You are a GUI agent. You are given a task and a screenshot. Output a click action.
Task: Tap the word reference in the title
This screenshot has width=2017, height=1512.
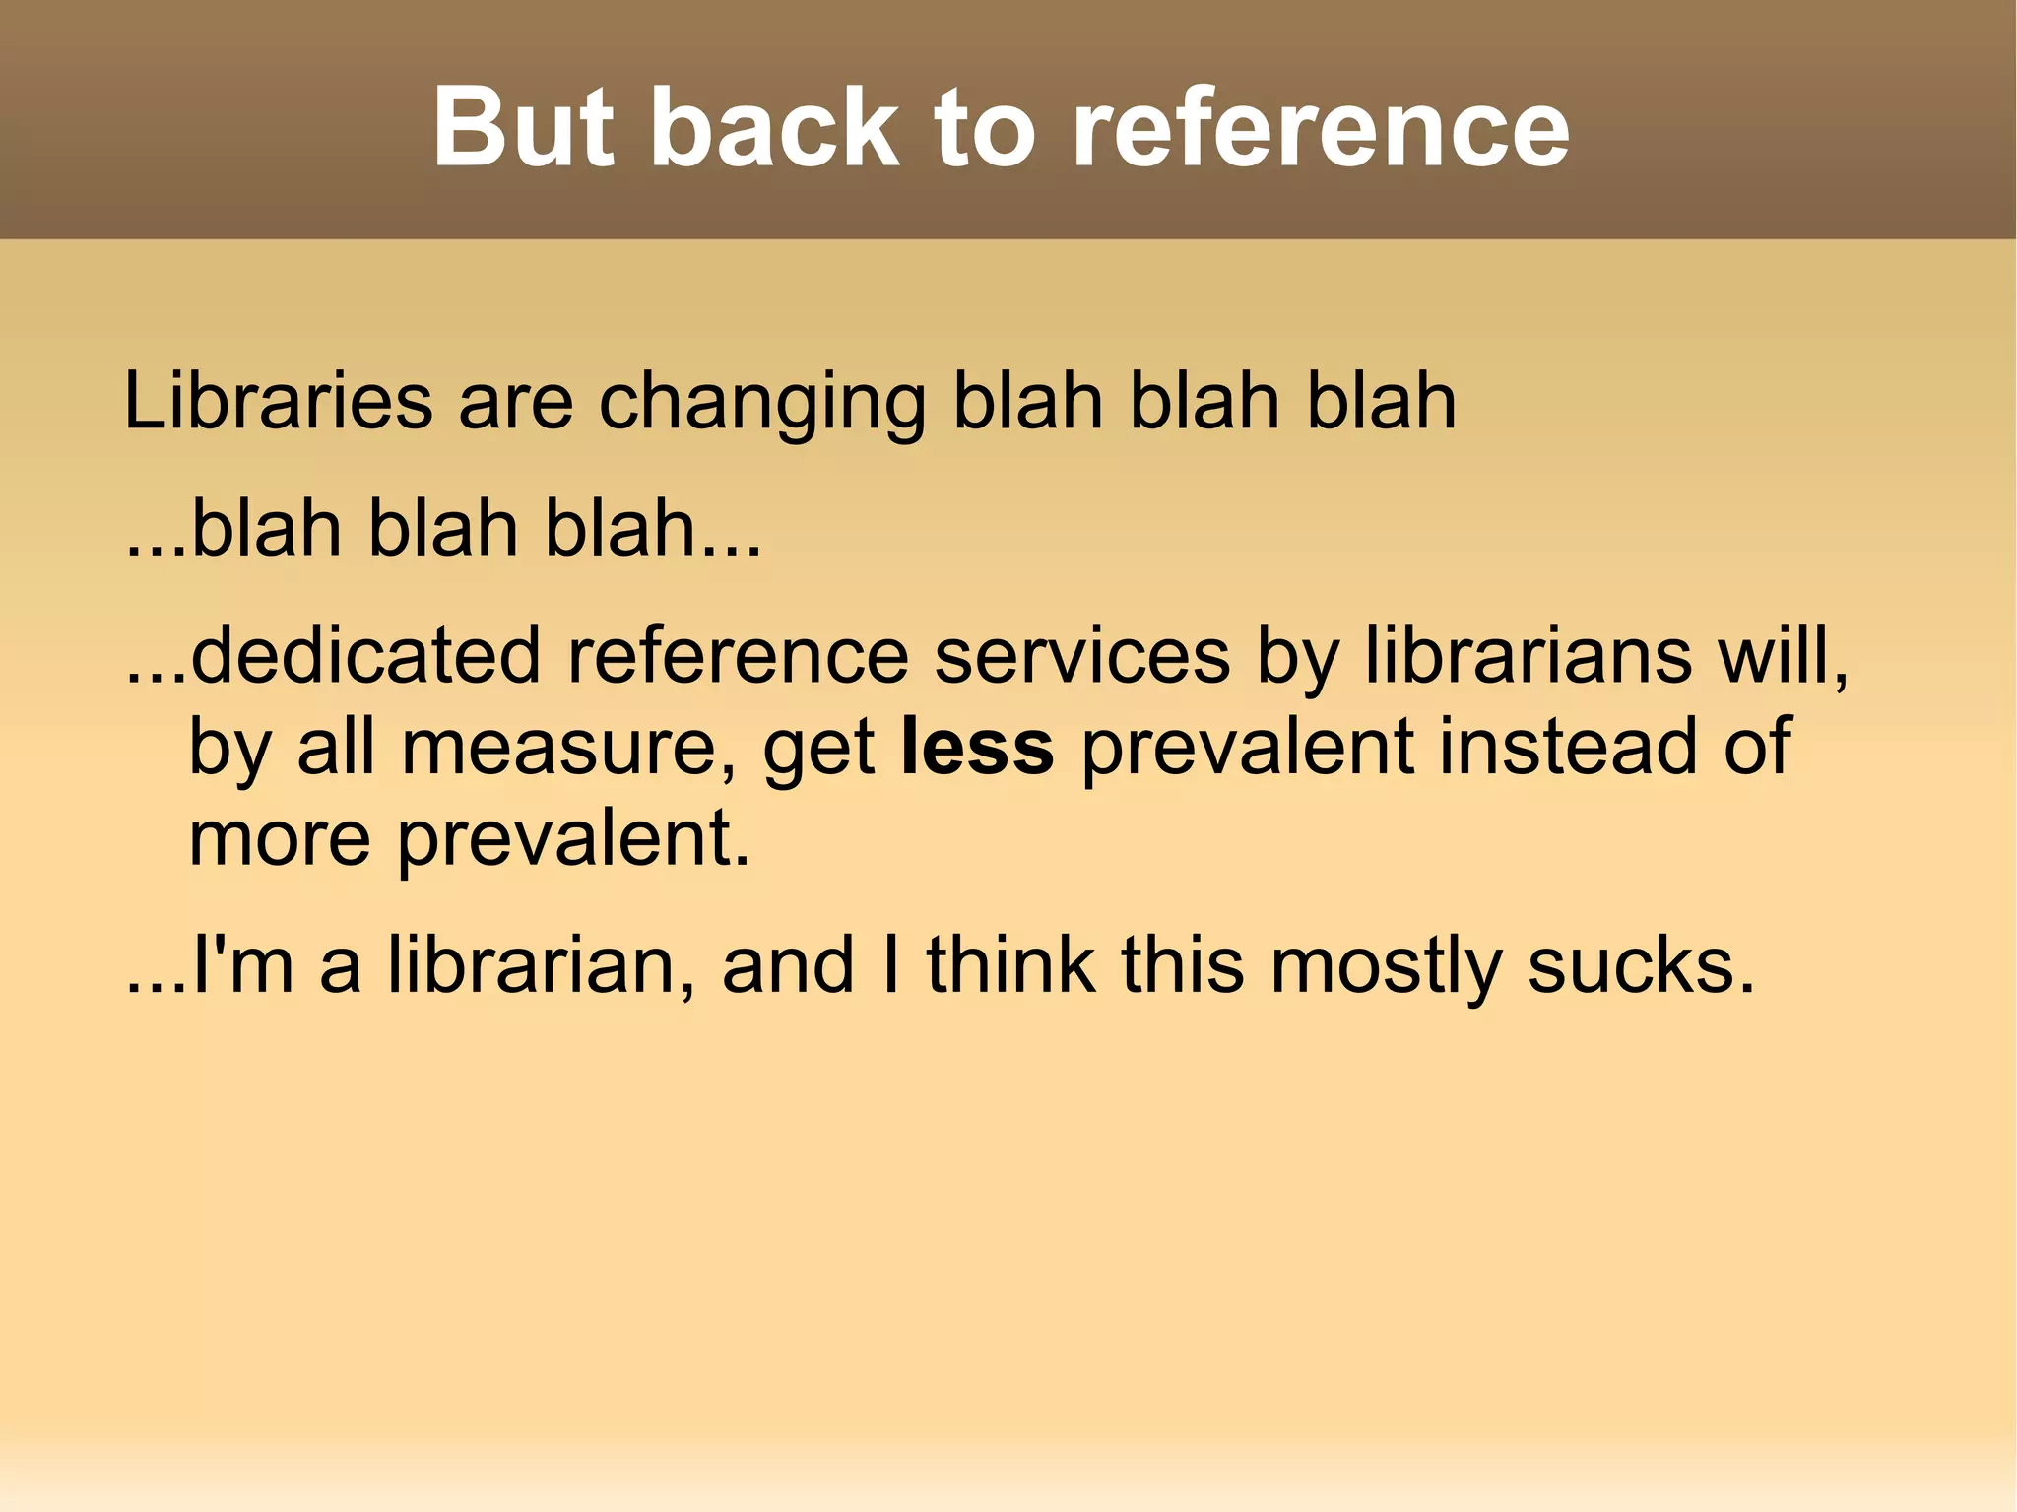1320,127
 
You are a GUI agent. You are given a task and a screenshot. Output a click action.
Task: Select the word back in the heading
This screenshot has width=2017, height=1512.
774,127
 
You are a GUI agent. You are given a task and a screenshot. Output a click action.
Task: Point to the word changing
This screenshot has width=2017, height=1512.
762,404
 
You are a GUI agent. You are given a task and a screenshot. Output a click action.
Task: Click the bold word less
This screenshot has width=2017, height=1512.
977,748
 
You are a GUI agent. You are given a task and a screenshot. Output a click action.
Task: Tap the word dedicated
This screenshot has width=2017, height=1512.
365,655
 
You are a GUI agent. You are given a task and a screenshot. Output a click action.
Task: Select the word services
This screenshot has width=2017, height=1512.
1081,655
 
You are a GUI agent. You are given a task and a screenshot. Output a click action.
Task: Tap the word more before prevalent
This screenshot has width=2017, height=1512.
279,838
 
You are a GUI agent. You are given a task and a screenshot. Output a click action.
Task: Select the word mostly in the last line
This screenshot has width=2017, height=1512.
1386,966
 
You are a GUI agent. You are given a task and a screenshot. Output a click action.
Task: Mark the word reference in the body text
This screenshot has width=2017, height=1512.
738,655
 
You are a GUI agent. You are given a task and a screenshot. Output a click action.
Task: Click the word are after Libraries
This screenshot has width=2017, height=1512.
515,403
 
